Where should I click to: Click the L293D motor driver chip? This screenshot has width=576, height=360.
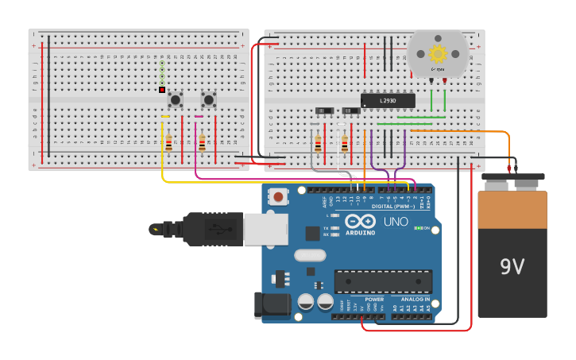[x=388, y=101]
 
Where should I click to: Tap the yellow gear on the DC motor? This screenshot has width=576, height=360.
[x=438, y=53]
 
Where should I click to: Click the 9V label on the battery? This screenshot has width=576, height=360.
[x=512, y=266]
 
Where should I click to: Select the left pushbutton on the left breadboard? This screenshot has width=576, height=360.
[x=175, y=99]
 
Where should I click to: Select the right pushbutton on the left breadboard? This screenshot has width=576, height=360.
[x=208, y=99]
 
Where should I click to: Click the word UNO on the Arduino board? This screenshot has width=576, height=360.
[x=396, y=221]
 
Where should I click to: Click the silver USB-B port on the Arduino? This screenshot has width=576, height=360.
[x=265, y=229]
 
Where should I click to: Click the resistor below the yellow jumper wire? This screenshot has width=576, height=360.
[x=168, y=143]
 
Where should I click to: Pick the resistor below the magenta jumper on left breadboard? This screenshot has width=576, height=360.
[x=202, y=143]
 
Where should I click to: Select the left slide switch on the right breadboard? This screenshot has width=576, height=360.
[x=324, y=110]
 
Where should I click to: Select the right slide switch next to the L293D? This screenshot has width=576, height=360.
[x=350, y=110]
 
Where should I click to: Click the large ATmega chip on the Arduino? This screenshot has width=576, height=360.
[x=383, y=281]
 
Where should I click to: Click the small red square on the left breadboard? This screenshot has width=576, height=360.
[x=162, y=90]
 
